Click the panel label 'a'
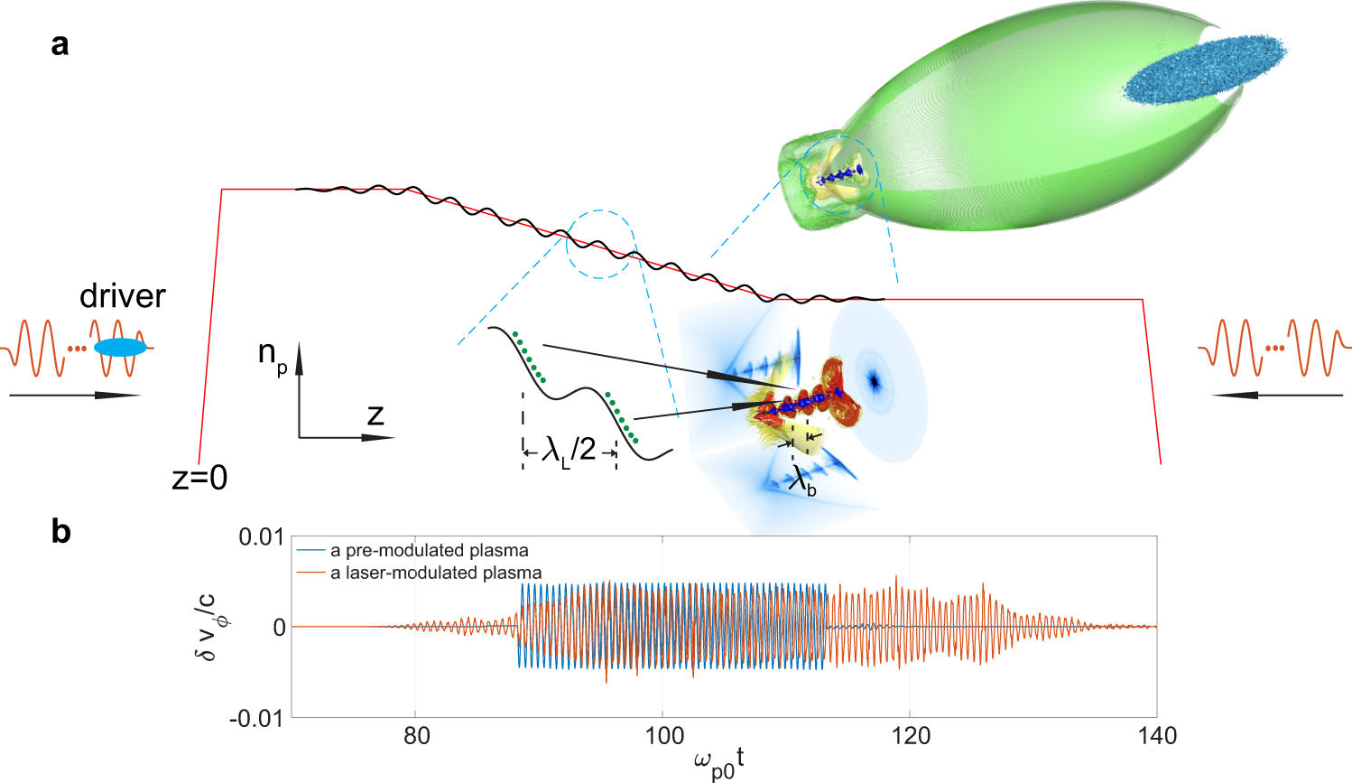[x=60, y=43]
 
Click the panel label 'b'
[x=60, y=532]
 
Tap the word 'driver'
[x=123, y=296]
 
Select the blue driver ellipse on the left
[x=120, y=348]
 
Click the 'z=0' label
[x=199, y=477]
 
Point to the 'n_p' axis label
[x=272, y=354]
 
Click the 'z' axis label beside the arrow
[x=375, y=415]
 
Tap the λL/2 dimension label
[x=569, y=449]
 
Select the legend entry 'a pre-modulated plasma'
[x=429, y=550]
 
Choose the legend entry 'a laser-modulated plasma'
[x=436, y=573]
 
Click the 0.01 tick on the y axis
[x=261, y=537]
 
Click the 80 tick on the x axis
[x=416, y=736]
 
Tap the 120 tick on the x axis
[x=910, y=736]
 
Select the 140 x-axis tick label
[x=1156, y=736]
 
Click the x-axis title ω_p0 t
[x=718, y=764]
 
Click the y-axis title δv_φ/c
[x=208, y=626]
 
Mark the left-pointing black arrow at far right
[x=1278, y=395]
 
